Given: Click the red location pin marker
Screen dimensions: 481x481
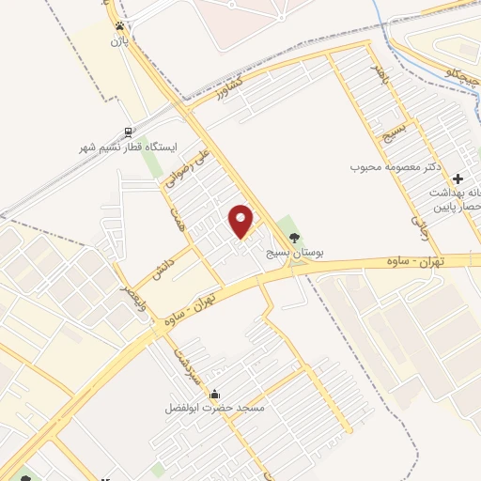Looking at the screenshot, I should coord(241,221).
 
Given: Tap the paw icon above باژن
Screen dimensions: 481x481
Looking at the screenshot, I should coord(119,26).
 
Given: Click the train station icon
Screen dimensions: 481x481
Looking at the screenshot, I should coord(127,132).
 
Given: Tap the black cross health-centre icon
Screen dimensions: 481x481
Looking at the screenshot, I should coord(458,178).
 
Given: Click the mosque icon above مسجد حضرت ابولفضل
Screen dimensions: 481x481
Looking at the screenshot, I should coord(216,394).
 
